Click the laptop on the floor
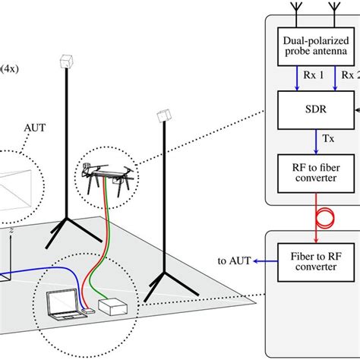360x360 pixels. point(62,302)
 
